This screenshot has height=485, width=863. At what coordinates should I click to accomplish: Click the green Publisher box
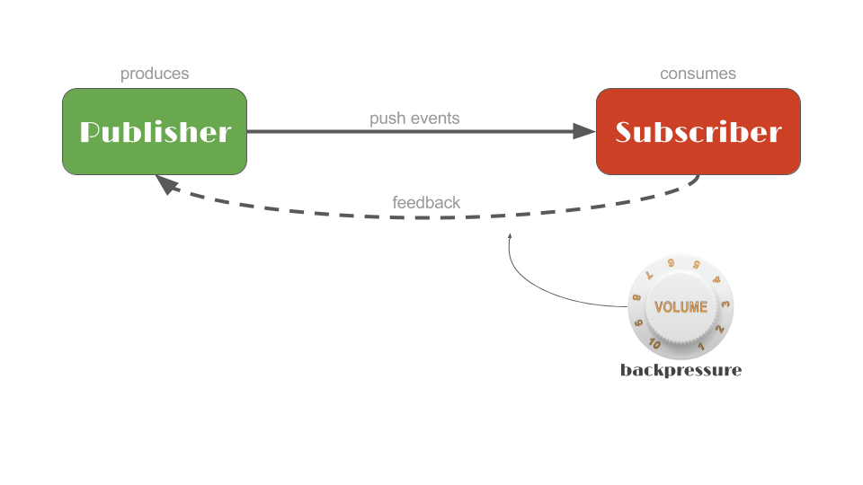[155, 132]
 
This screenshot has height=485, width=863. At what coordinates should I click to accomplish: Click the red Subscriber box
[698, 132]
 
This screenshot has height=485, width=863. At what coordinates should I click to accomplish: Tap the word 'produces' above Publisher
[155, 74]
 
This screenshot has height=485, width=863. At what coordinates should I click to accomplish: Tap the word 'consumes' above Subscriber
[698, 74]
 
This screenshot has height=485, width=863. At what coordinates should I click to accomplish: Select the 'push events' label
[414, 118]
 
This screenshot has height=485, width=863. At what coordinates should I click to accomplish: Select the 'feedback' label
[426, 202]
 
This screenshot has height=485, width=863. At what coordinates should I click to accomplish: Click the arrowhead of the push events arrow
[585, 132]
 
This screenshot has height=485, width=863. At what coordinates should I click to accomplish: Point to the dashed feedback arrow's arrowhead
[165, 183]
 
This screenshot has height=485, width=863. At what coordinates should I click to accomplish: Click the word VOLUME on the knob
[681, 307]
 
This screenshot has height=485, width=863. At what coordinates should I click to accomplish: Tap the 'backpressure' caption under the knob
[681, 370]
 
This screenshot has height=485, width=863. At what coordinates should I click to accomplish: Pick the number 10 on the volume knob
[655, 344]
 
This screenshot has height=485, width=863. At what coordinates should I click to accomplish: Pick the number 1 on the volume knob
[700, 347]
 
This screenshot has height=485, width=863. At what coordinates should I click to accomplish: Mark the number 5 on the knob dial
[697, 265]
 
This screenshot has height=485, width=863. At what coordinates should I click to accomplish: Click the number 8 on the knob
[636, 297]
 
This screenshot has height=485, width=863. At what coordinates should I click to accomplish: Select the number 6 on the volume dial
[671, 263]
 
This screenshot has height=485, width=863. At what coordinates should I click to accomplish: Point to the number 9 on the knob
[639, 323]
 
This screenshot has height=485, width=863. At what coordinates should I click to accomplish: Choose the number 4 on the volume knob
[716, 279]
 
